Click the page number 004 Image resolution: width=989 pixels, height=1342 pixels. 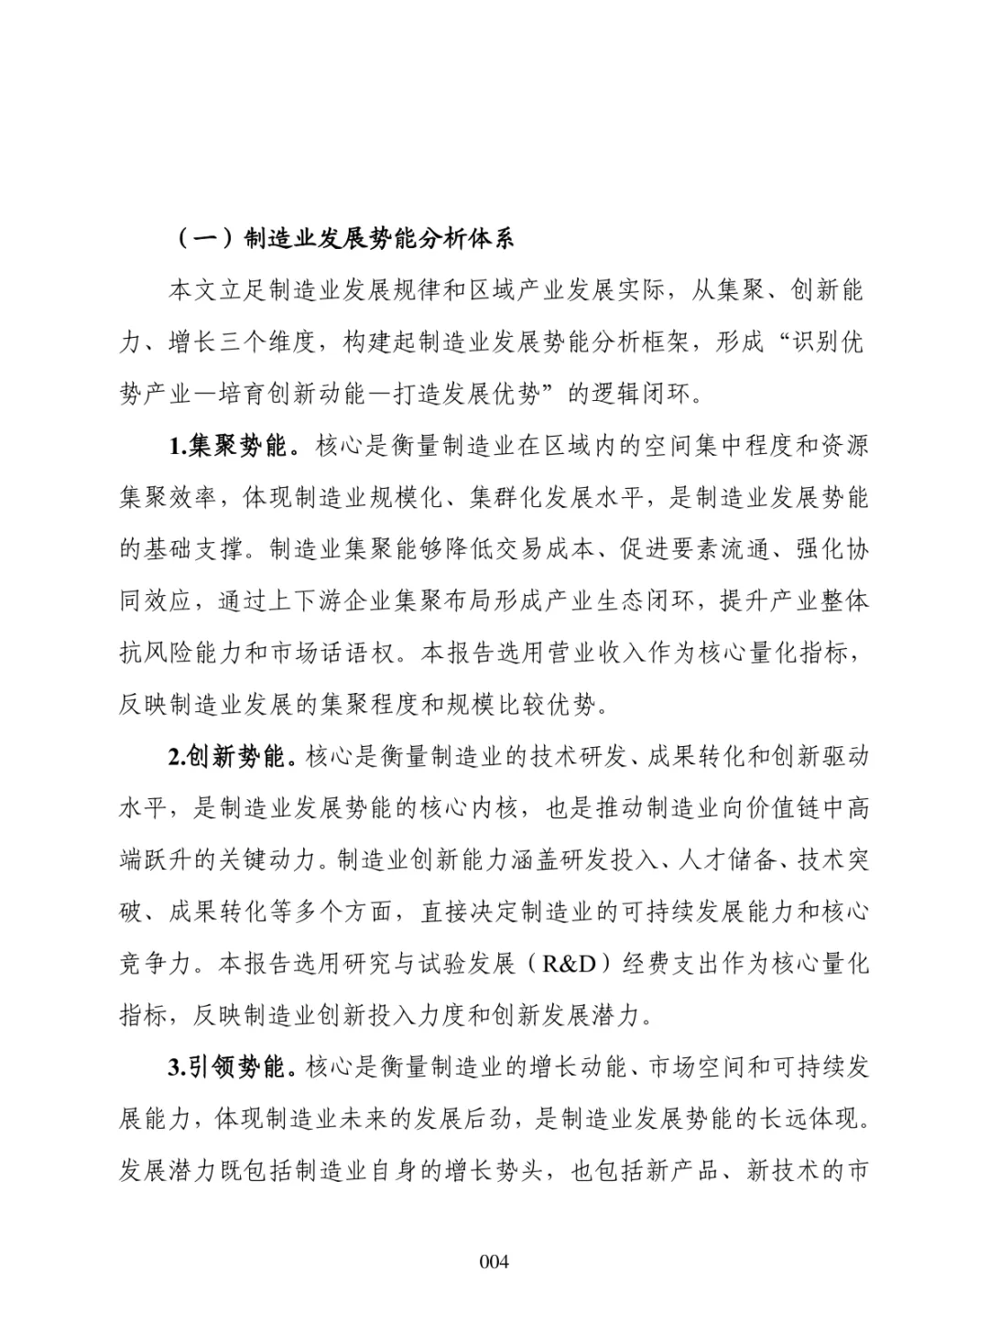pos(494,1261)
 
